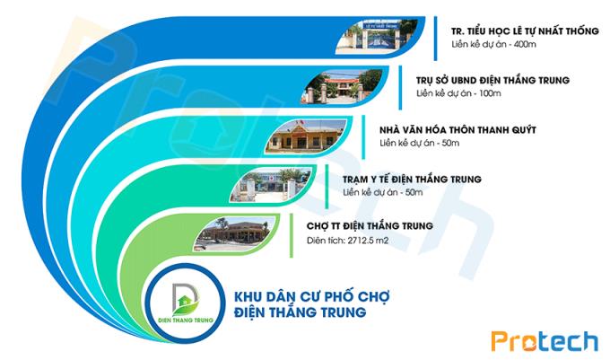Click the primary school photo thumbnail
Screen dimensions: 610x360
376,36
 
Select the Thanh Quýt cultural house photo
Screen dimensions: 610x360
306,136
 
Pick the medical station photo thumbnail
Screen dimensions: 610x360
271,185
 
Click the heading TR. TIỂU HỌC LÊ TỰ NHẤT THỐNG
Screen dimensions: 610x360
525,31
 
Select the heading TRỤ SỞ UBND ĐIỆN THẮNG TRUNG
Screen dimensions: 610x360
492,80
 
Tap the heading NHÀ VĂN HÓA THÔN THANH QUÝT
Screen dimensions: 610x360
457,129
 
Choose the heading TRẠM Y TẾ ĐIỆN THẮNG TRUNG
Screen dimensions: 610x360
412,179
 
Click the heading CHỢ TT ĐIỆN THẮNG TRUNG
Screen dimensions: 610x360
370,225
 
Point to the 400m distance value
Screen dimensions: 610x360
525,44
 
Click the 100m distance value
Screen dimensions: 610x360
490,93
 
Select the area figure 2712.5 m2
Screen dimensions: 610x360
368,240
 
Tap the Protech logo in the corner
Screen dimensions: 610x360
545,341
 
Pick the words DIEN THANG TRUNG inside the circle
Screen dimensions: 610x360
186,320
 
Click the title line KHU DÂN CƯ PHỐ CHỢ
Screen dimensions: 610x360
311,295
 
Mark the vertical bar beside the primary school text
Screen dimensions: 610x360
435,38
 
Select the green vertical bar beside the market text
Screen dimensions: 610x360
291,235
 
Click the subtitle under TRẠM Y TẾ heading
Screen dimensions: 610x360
382,192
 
